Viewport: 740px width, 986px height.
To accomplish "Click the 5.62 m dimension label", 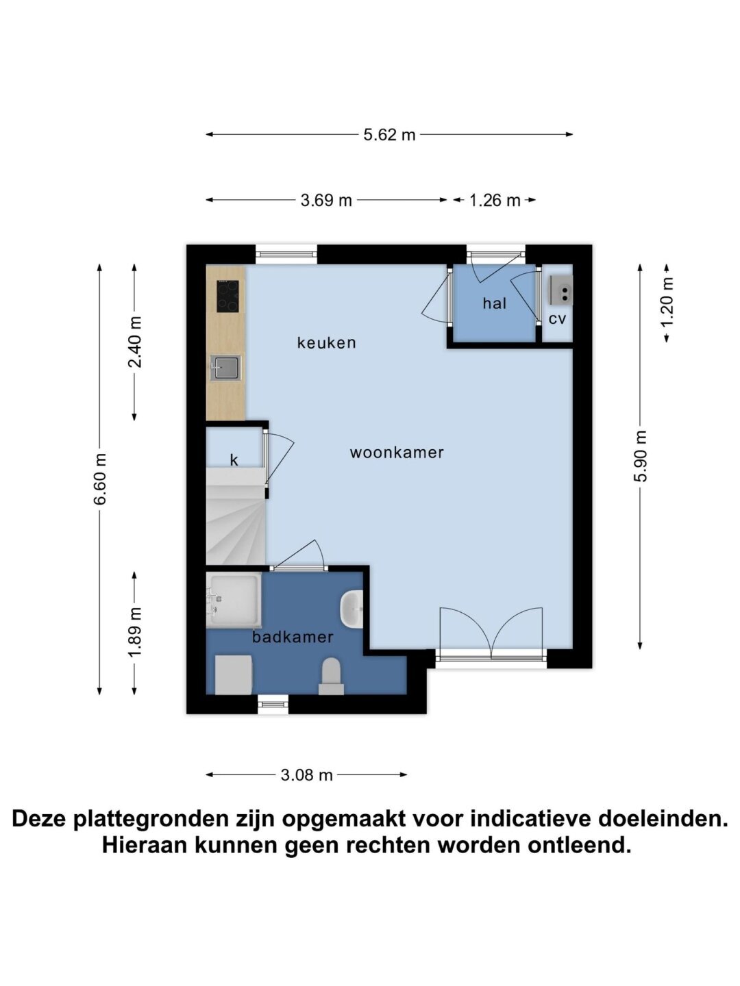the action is point(389,135).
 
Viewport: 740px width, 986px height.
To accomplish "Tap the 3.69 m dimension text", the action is point(325,201).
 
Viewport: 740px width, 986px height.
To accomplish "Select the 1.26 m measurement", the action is point(495,201).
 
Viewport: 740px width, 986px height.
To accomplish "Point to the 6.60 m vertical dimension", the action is point(100,479).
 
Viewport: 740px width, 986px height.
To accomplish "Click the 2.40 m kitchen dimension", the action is point(135,342).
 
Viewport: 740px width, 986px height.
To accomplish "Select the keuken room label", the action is point(326,343).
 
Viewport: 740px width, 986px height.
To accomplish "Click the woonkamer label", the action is point(397,453).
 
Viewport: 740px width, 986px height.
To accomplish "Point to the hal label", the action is point(494,303).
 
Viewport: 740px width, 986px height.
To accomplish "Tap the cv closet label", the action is point(557,319).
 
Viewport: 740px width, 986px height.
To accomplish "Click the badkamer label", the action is point(293,637).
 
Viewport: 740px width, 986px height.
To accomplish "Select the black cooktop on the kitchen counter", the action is point(227,296).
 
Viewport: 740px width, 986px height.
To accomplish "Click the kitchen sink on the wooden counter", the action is point(225,368).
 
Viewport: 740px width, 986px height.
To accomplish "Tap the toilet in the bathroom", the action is point(332,677).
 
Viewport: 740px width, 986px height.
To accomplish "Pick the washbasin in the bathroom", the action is point(351,609).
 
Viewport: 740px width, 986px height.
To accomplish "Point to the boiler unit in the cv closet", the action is point(560,290).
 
